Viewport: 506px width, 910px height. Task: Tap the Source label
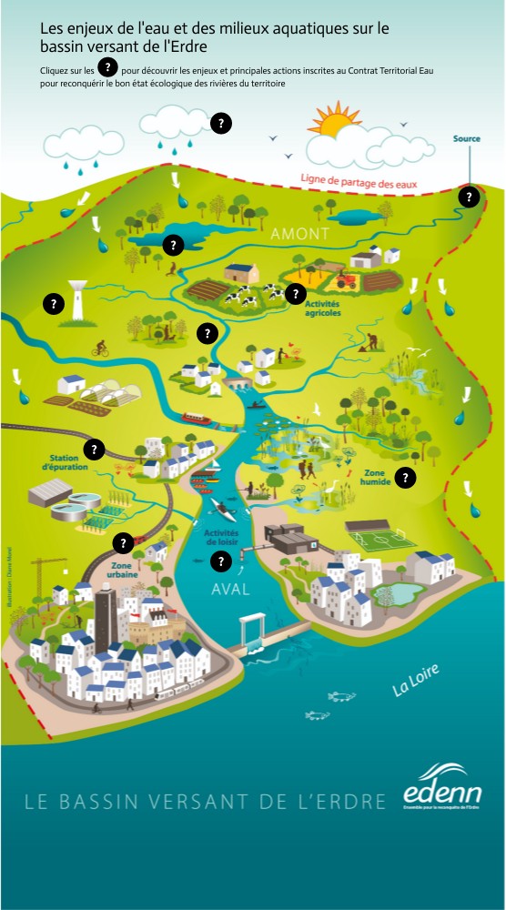467,139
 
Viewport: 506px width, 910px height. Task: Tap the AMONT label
299,235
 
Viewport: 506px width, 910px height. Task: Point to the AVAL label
230,589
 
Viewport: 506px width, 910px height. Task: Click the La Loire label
416,680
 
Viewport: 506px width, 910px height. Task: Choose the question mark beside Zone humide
406,477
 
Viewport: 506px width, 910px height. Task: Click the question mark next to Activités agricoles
295,293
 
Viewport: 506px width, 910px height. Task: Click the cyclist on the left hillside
100,348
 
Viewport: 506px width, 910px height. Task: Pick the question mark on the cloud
221,124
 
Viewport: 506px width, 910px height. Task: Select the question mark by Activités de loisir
219,561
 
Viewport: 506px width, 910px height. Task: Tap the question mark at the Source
469,196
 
